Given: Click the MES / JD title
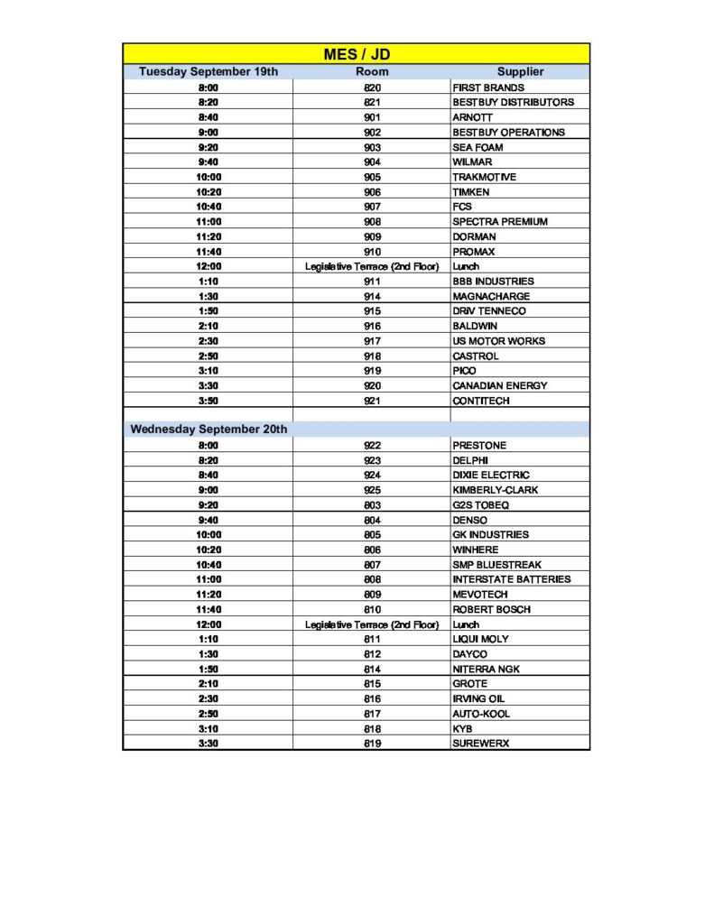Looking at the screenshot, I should coord(357,54).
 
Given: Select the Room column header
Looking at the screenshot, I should coord(372,71).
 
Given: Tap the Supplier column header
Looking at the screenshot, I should coord(520,71).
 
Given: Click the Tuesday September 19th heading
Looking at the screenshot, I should coord(209,71).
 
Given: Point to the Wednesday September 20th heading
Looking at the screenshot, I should coord(209,430).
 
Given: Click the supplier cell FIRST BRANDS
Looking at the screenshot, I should coord(487,88).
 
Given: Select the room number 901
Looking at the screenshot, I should coord(372,117).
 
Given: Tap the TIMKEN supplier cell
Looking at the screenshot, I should coord(471,192).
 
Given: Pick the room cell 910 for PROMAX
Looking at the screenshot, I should coord(372,252).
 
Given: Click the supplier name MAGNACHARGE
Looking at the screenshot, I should coord(491,296).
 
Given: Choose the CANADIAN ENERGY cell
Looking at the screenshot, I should coord(499,385).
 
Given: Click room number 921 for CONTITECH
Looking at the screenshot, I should coord(372,401).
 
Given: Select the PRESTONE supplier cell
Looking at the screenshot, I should coord(479,445).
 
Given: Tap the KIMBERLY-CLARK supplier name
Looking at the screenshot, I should coord(496,490).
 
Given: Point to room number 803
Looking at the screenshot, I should coord(372,504).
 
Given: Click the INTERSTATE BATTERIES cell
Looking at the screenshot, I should coord(511,579).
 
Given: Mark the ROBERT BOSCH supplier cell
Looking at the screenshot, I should coord(491,609).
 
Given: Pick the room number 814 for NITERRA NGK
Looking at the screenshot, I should coord(372,669).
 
